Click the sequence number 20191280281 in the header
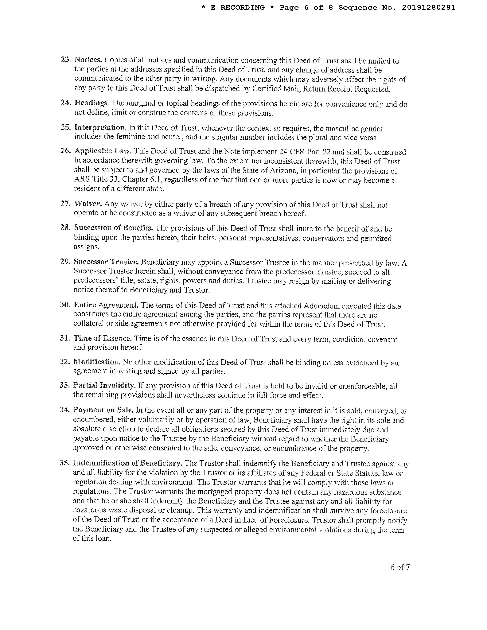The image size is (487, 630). pyautogui.click(x=428, y=7)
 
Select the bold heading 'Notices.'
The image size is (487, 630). pyautogui.click(x=88, y=60)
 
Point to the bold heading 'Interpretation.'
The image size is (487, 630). pyautogui.click(x=100, y=127)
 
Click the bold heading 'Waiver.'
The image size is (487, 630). pyautogui.click(x=88, y=204)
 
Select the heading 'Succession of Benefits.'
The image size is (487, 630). pyautogui.click(x=113, y=228)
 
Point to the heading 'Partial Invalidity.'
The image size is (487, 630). pyautogui.click(x=104, y=385)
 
